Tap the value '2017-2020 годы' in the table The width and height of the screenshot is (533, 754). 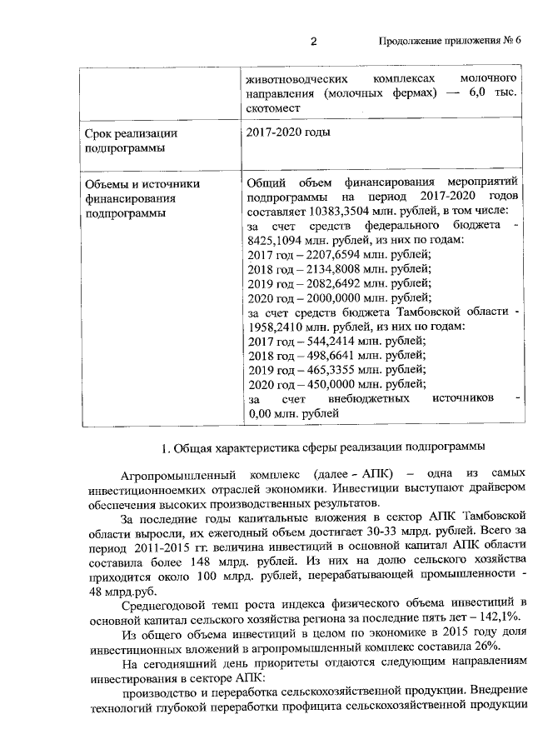pyautogui.click(x=288, y=133)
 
